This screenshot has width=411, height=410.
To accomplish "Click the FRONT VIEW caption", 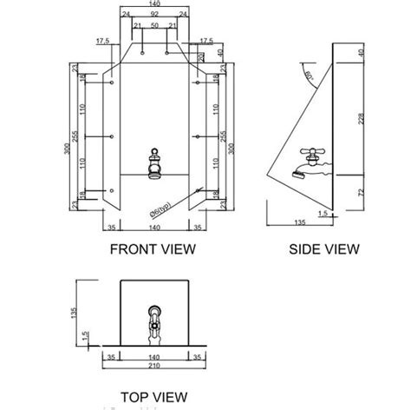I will pyautogui.click(x=153, y=248).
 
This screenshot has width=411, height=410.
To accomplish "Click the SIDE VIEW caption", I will pyautogui.click(x=324, y=248).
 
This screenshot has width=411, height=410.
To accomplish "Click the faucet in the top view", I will pyautogui.click(x=154, y=322).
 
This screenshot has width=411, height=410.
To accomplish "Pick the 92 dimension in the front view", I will pyautogui.click(x=154, y=15).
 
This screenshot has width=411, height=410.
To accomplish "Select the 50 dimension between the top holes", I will pyautogui.click(x=153, y=27).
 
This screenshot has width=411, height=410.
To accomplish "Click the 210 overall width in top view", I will pyautogui.click(x=153, y=367).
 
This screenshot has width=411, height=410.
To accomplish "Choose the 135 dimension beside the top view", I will pyautogui.click(x=76, y=310).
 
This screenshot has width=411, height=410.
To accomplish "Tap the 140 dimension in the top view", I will pyautogui.click(x=153, y=356).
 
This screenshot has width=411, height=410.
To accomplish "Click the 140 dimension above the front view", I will pyautogui.click(x=154, y=5).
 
